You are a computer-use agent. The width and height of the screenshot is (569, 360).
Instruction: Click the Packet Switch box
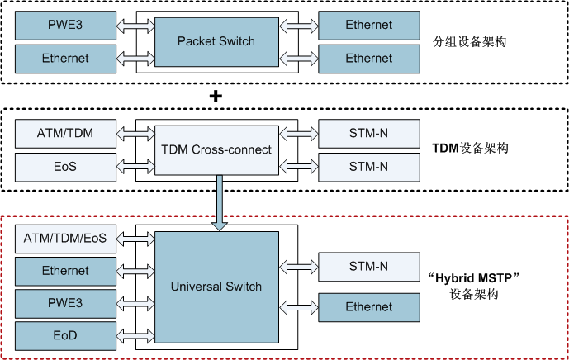point(216,41)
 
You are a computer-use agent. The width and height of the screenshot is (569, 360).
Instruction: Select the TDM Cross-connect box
point(216,150)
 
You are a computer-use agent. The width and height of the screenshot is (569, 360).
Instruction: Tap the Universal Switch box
point(216,287)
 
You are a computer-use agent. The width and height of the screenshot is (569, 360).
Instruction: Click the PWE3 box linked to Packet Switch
point(65,25)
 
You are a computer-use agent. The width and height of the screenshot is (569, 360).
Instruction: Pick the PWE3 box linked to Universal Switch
point(65,303)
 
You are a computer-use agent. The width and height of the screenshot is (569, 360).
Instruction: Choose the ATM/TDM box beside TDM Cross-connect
point(65,132)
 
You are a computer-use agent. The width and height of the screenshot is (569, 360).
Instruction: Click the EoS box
point(65,168)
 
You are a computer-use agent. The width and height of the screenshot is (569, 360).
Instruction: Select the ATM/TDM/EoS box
point(65,238)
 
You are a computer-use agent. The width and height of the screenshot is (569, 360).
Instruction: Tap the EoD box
point(65,336)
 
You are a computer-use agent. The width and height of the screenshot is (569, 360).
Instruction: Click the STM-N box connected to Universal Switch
point(368,266)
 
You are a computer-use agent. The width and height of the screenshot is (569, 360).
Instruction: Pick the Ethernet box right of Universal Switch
point(368,307)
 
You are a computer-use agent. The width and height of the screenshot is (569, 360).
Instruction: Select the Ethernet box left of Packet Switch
point(65,59)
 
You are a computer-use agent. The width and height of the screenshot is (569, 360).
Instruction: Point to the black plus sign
point(216,97)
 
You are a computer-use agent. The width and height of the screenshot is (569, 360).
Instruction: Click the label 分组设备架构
point(467,40)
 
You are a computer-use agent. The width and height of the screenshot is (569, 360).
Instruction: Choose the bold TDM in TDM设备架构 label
point(445,149)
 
